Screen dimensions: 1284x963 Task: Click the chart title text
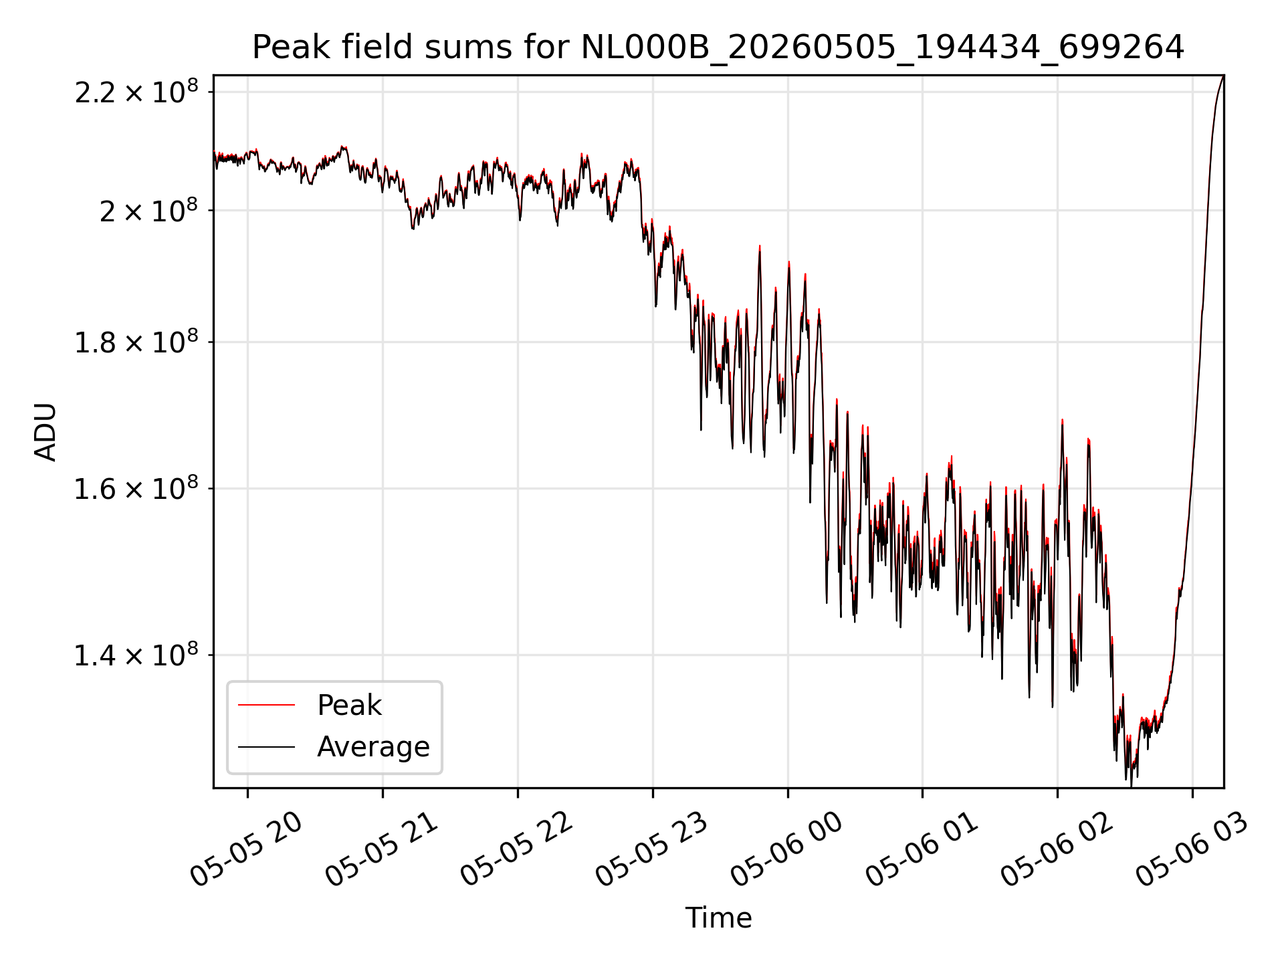pos(718,47)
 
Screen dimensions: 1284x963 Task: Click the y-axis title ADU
pos(45,432)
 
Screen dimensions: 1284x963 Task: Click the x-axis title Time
pos(718,918)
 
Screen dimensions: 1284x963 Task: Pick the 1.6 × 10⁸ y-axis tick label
pos(136,488)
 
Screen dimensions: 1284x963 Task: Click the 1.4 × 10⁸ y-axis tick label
pos(136,655)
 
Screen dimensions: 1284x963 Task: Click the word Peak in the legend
pos(349,706)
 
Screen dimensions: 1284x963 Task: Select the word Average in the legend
pos(373,747)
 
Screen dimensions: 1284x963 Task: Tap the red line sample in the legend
pos(266,705)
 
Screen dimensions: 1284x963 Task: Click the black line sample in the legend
pos(266,746)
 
